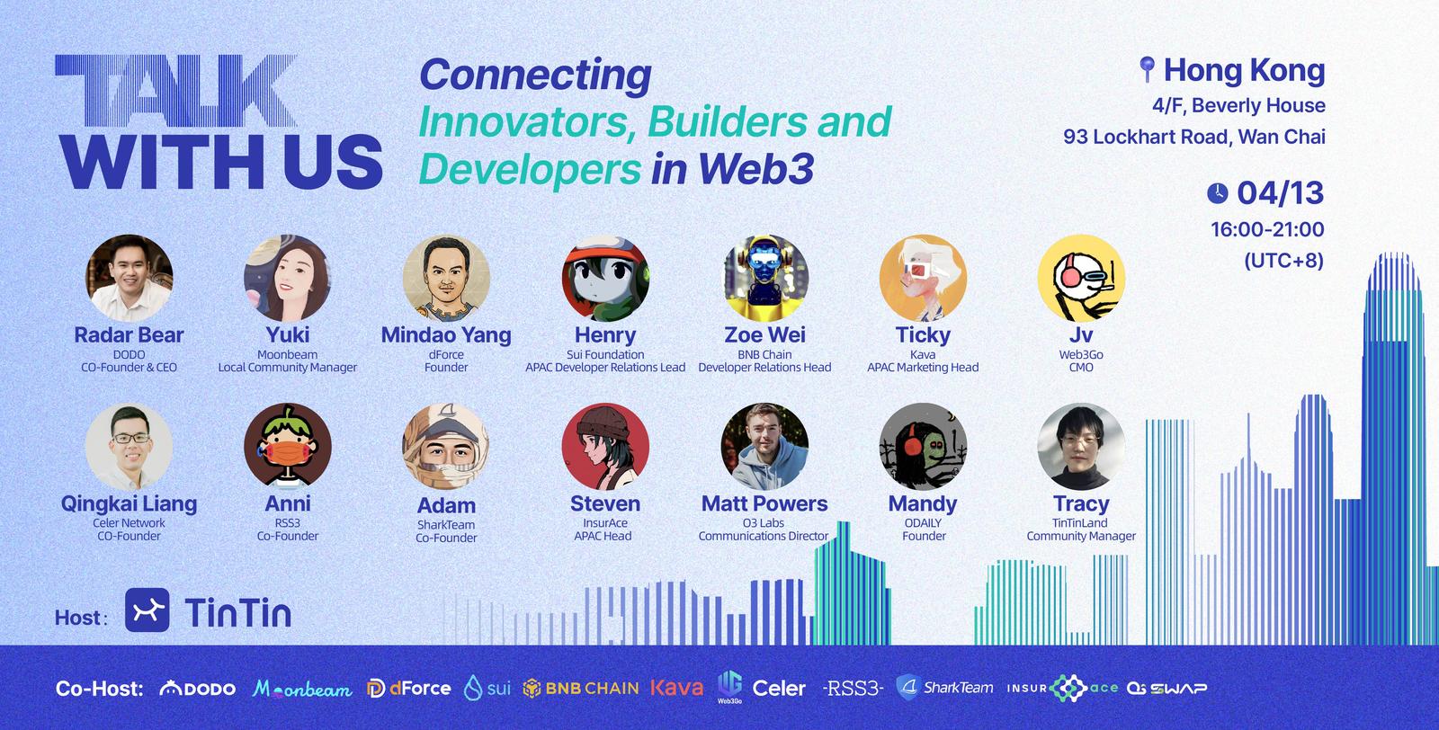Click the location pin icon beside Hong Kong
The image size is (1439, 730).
[1147, 68]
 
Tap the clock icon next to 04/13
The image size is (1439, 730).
[1218, 193]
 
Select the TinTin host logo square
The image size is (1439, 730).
[147, 610]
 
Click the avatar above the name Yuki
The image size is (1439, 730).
[287, 278]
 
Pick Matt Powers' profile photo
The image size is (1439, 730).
[764, 447]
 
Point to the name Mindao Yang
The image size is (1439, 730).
[446, 335]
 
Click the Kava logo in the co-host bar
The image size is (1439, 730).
[676, 688]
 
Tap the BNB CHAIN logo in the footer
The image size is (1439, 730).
[581, 689]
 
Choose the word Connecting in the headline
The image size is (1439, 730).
[535, 76]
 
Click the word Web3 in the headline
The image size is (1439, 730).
[755, 169]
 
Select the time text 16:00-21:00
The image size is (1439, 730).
[1267, 229]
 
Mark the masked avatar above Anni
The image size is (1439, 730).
[287, 447]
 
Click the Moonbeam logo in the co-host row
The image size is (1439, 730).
[302, 689]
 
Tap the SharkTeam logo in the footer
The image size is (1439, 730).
[944, 688]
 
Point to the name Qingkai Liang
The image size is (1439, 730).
[130, 504]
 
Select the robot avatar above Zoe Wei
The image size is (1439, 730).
[764, 278]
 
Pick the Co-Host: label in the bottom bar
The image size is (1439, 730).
[100, 689]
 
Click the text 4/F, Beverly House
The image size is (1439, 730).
[1238, 105]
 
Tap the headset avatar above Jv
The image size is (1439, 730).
[1081, 278]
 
